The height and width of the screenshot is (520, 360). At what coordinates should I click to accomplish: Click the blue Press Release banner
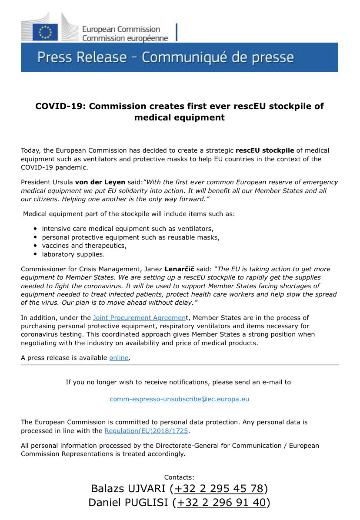pyautogui.click(x=179, y=57)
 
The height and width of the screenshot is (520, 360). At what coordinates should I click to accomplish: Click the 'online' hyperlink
pyautogui.click(x=119, y=357)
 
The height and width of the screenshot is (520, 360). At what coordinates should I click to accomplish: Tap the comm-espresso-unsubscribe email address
pyautogui.click(x=180, y=399)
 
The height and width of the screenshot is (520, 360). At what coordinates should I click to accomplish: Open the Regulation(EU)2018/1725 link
pyautogui.click(x=147, y=431)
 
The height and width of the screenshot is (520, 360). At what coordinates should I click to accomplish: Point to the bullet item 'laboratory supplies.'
pyautogui.click(x=73, y=254)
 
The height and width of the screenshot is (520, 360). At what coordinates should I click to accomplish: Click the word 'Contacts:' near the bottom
pyautogui.click(x=180, y=477)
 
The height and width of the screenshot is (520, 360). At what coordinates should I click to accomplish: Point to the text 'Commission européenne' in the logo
pyautogui.click(x=125, y=39)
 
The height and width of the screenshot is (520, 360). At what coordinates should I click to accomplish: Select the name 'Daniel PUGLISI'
pyautogui.click(x=128, y=503)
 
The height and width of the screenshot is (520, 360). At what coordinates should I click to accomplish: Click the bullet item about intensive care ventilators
pyautogui.click(x=127, y=228)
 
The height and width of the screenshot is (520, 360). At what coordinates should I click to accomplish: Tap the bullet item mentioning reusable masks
pyautogui.click(x=130, y=237)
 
